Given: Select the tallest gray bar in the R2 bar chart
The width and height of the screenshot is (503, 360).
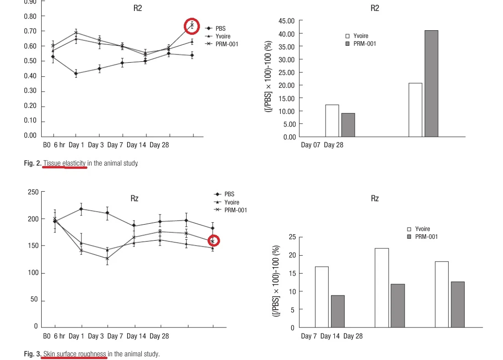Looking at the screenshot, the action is [431, 84].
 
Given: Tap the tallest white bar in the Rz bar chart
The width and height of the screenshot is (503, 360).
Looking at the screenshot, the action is [382, 288].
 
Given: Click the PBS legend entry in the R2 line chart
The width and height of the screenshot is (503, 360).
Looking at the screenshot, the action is [215, 28].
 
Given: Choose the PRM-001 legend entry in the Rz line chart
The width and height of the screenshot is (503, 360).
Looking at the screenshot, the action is [230, 210].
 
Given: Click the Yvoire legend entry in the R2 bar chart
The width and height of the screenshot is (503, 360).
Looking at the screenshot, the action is [357, 36].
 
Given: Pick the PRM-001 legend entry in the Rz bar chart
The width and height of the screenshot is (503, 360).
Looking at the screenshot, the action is [422, 237].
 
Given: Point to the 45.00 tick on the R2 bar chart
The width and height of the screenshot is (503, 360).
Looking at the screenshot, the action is [286, 21].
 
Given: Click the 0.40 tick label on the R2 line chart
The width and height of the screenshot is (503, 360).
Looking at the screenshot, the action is [30, 76].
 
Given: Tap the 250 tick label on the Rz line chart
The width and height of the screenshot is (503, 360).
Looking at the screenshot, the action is [33, 192].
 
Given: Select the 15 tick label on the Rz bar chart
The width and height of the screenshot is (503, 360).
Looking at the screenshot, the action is [292, 274].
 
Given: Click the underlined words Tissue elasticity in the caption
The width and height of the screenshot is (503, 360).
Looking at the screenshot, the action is [64, 163].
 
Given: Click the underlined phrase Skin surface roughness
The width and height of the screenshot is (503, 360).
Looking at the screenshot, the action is [75, 354].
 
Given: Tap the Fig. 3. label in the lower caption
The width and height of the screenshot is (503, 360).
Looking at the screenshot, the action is [33, 354].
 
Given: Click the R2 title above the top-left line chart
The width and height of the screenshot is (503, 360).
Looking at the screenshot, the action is [138, 8].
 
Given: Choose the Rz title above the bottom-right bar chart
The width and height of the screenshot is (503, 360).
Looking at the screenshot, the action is [375, 199].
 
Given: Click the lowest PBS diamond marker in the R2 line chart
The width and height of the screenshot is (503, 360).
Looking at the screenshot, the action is [76, 74].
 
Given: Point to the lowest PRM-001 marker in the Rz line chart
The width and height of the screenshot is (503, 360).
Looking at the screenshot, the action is [107, 258].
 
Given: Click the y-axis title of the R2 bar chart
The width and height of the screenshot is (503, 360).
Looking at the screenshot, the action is [268, 76].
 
